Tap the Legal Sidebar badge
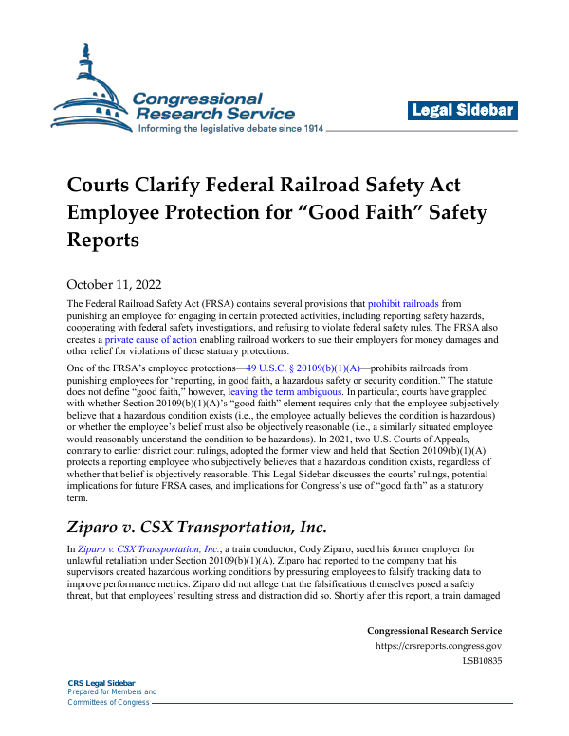click(463, 111)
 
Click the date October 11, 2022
click(115, 283)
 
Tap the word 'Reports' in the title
click(102, 240)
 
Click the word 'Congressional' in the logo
click(197, 99)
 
